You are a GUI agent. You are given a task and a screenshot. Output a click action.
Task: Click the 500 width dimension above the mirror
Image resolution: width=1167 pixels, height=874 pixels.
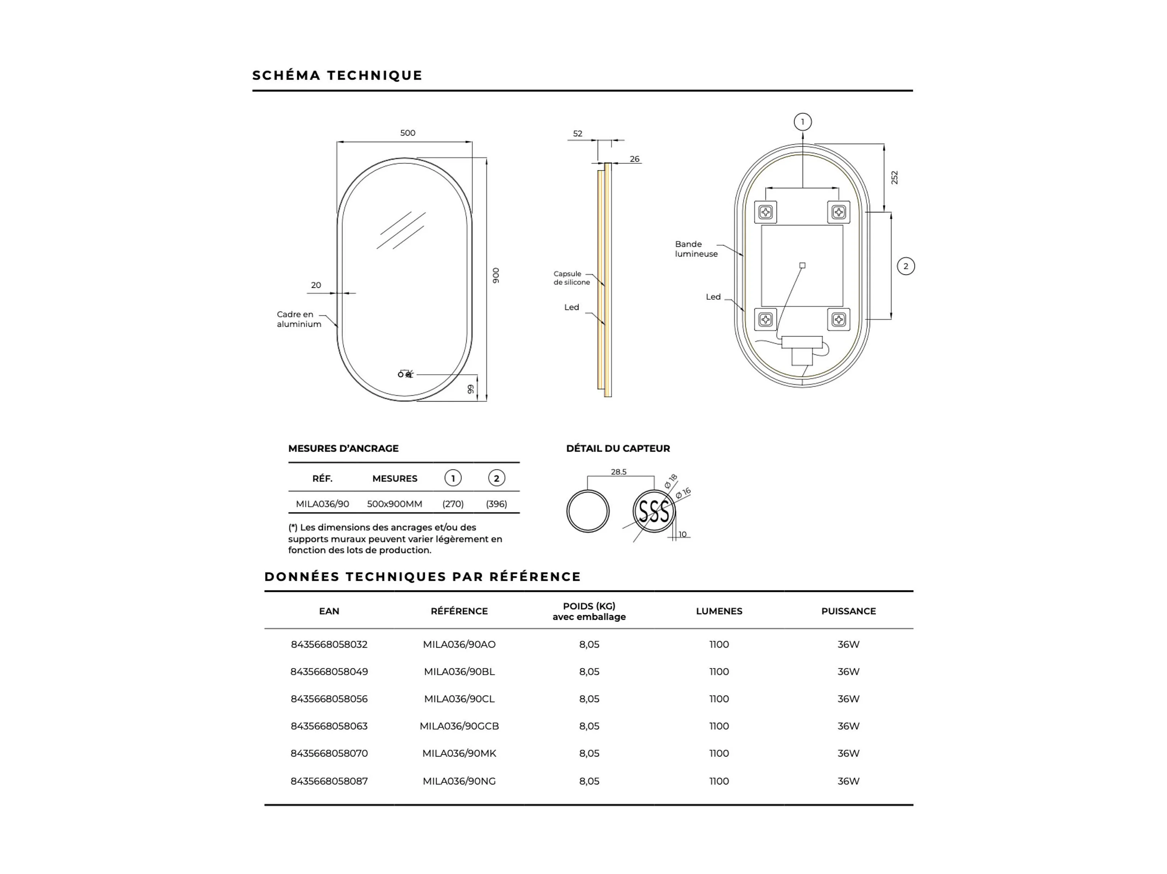[407, 133]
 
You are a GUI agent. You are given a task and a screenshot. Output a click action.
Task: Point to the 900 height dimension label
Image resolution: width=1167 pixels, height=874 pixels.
[496, 275]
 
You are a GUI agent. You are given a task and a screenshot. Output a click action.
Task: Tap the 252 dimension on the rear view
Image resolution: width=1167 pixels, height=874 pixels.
[894, 178]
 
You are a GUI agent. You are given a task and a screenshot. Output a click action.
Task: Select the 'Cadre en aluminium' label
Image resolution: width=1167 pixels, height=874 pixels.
[299, 319]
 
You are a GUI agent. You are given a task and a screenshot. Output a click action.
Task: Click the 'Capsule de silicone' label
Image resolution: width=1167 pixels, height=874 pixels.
[571, 278]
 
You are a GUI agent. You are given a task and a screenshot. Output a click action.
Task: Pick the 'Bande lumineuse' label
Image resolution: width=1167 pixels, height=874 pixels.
[696, 249]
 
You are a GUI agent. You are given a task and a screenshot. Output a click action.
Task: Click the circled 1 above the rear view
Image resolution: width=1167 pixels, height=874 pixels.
[803, 122]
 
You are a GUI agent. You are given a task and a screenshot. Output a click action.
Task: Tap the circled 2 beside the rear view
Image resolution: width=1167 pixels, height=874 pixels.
[906, 266]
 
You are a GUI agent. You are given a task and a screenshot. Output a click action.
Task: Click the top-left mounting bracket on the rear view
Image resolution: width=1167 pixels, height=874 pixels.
[765, 212]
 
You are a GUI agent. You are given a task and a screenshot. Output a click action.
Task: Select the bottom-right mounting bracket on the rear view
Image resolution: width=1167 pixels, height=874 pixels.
[839, 319]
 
